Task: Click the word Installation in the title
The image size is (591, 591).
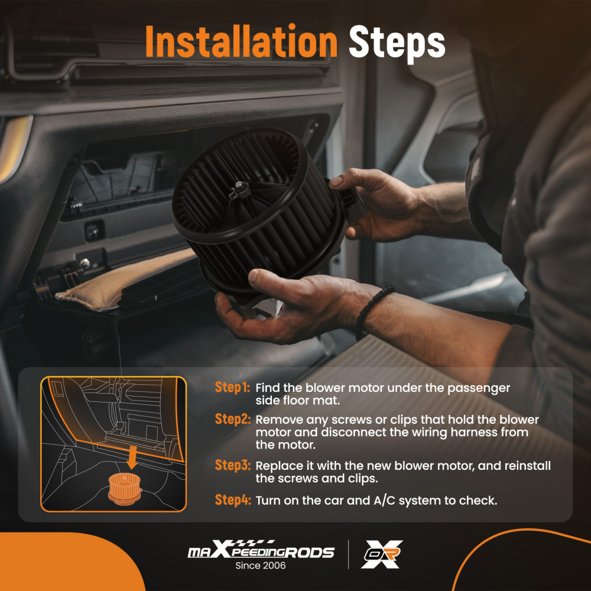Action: tap(241, 41)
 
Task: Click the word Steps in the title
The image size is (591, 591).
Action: tap(397, 43)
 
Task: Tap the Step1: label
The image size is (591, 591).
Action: tap(232, 387)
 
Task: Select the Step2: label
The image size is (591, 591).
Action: tap(232, 419)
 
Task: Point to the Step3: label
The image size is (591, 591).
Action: tap(232, 465)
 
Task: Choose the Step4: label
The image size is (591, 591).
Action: tap(232, 500)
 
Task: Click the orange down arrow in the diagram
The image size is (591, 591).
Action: tap(132, 457)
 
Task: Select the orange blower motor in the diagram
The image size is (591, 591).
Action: tap(125, 489)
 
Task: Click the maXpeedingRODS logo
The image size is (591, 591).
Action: tap(261, 550)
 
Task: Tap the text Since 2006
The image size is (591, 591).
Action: tap(261, 566)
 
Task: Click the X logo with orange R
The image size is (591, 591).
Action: tap(382, 554)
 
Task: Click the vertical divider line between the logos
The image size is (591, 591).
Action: tap(348, 554)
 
